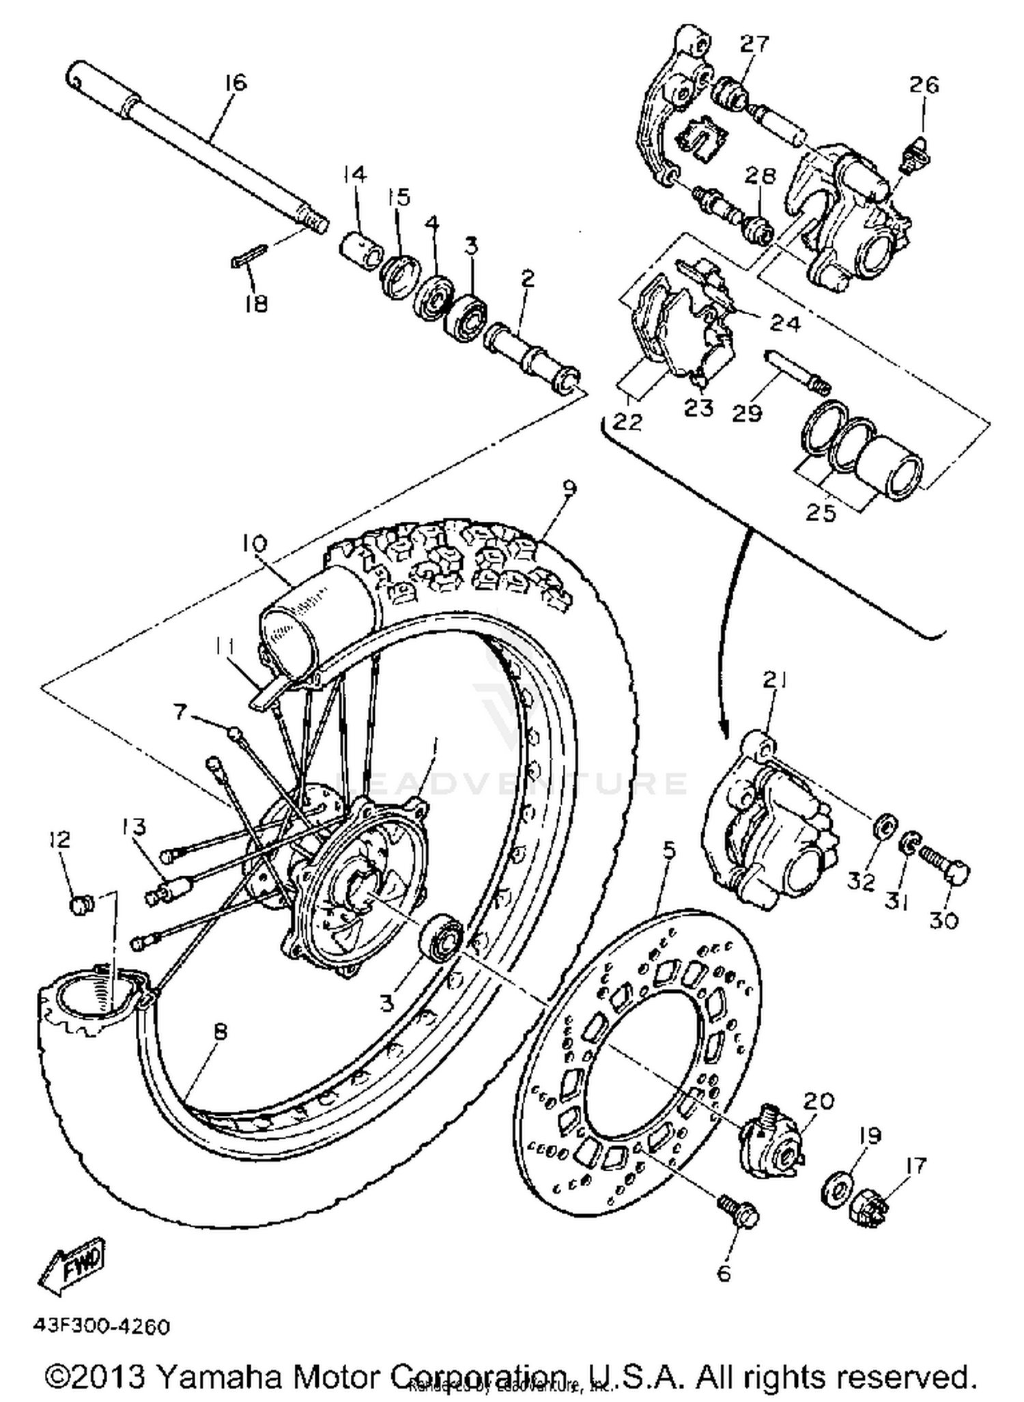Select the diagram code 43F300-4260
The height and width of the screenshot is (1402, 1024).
tap(100, 1326)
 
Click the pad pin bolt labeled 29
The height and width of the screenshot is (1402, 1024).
tap(795, 371)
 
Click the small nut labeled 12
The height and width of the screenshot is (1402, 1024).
tap(81, 906)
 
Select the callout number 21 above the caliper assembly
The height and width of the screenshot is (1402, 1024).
tap(773, 680)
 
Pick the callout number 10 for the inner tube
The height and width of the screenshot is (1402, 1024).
tap(253, 544)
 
